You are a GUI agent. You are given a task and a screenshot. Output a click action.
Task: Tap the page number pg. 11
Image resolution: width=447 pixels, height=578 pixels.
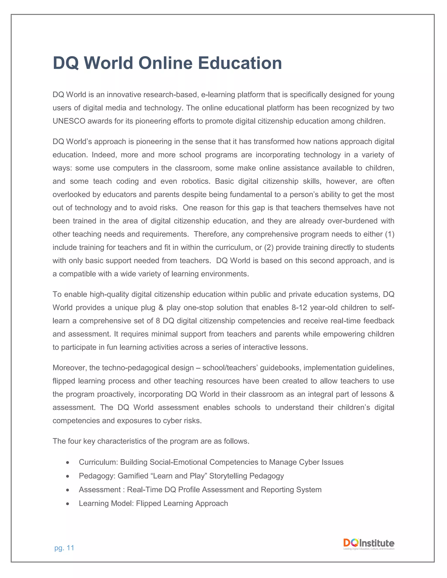64,548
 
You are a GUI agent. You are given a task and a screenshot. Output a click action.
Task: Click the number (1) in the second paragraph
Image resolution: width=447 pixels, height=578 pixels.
390,234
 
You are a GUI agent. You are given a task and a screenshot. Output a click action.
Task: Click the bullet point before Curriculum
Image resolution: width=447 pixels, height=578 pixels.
68,462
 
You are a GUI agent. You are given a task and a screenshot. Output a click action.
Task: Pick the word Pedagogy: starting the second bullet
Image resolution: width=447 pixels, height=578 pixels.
97,476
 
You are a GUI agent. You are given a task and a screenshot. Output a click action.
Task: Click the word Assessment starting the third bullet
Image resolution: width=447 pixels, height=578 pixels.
100,490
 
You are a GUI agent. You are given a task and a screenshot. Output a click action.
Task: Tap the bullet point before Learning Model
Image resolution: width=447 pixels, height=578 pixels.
68,504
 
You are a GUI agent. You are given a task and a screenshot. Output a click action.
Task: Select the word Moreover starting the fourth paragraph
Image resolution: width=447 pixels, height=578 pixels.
69,368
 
